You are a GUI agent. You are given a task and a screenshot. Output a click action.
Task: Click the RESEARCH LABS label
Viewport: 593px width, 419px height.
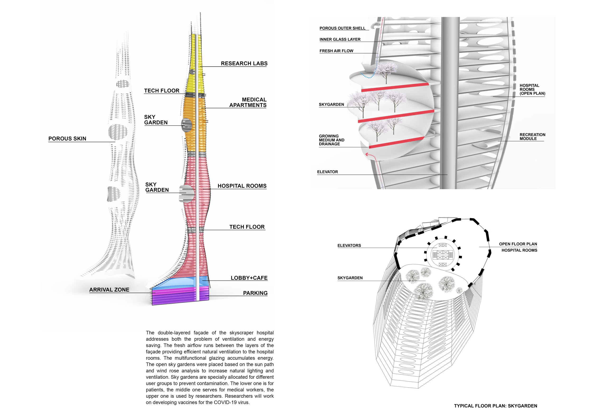[244, 63]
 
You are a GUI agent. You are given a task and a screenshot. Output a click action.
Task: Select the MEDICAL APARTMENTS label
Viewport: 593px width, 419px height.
[248, 102]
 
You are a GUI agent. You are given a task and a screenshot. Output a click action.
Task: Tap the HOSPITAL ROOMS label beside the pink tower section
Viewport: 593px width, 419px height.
[242, 186]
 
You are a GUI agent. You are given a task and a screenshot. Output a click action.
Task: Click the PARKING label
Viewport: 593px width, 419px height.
[255, 293]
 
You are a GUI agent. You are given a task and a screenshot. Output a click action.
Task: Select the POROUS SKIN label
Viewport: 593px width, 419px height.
[67, 139]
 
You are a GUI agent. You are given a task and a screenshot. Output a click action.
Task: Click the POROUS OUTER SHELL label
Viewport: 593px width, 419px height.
[342, 28]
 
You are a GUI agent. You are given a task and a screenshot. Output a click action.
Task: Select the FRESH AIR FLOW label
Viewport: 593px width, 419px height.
[336, 51]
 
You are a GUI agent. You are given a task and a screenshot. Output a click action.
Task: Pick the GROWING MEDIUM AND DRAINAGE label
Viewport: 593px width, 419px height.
[331, 140]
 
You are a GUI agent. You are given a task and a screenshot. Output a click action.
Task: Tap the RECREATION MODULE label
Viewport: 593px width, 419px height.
[532, 137]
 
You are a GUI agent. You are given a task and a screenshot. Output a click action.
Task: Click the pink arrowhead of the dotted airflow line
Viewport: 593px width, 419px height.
[366, 154]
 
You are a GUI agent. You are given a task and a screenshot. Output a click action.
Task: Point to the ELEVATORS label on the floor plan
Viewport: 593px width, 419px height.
[349, 245]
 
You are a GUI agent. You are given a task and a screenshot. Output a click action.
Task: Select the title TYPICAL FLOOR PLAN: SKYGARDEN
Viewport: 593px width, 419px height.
[495, 405]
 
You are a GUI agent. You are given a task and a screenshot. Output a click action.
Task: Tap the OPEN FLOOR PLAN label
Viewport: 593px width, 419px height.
[518, 244]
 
